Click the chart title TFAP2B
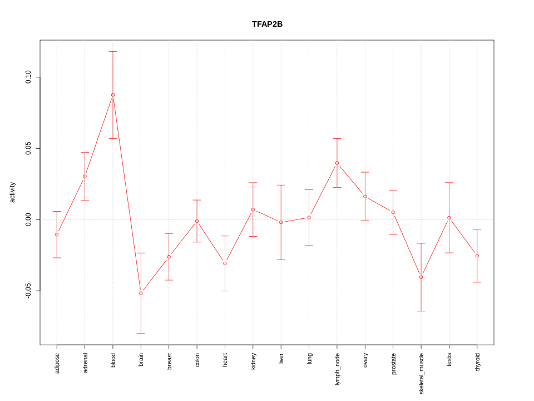[267, 24]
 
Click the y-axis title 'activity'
[13, 192]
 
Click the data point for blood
[113, 95]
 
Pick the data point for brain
[141, 293]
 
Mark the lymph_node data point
[337, 163]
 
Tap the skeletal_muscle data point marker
[421, 277]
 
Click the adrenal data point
[85, 177]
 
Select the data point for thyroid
[477, 256]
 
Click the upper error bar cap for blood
[113, 51]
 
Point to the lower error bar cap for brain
[141, 334]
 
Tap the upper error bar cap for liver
[281, 185]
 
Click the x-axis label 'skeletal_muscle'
[421, 373]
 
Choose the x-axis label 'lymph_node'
[337, 369]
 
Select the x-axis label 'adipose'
[57, 363]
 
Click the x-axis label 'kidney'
[253, 361]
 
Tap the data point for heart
[225, 263]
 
